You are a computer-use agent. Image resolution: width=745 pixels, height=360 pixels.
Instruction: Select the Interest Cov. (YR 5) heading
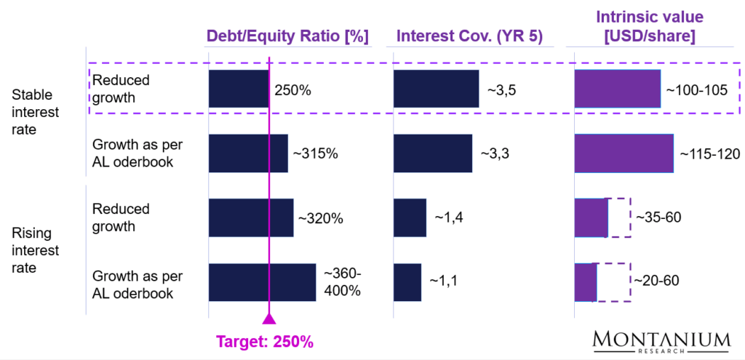[x=469, y=36]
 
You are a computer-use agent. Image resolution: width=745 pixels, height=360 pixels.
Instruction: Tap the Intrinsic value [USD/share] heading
[x=645, y=26]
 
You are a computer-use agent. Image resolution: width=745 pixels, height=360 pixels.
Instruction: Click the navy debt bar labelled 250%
[x=239, y=89]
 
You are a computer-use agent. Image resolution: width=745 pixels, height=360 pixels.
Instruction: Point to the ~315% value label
[x=315, y=153]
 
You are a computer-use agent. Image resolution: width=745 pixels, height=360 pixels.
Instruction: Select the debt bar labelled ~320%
[x=250, y=217]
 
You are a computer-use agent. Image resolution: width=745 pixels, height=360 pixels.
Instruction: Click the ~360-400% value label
[x=342, y=282]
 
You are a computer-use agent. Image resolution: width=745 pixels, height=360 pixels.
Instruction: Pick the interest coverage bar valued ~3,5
[x=436, y=89]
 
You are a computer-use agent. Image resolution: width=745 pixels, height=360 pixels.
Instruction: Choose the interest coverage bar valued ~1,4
[x=410, y=217]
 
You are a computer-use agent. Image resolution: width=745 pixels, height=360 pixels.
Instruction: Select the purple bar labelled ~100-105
[x=618, y=89]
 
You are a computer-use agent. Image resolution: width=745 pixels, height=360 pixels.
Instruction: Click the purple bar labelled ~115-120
[x=624, y=153]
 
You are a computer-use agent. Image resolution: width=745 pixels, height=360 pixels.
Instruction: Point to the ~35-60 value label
[x=658, y=217]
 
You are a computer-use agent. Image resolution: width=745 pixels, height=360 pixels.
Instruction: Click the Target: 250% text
[x=268, y=340]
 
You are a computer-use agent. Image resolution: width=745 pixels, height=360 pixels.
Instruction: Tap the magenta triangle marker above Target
[x=269, y=318]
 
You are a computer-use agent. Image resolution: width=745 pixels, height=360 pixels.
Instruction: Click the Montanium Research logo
[x=661, y=342]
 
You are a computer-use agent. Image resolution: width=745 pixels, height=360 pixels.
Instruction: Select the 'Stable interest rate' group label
[x=35, y=112]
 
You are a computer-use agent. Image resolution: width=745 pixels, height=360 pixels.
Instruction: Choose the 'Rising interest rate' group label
[x=35, y=250]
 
